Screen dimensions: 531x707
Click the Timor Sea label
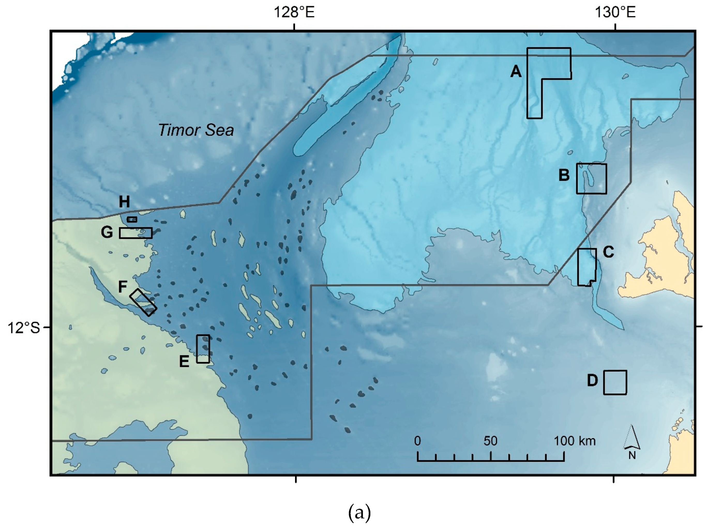[196, 130]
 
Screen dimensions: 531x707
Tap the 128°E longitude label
[294, 12]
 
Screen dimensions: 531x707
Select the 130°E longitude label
[615, 12]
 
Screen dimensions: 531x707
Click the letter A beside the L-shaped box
[516, 71]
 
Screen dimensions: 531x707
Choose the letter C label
[608, 252]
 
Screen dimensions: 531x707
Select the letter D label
[592, 380]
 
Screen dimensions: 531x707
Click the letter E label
[184, 361]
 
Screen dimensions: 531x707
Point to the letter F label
[123, 287]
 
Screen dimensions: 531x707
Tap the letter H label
[124, 202]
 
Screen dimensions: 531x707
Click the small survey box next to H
[132, 219]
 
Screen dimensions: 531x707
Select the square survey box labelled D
[615, 382]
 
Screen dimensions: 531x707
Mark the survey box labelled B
[591, 179]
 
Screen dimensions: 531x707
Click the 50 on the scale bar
[490, 441]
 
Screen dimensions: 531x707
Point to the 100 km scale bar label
[575, 441]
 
